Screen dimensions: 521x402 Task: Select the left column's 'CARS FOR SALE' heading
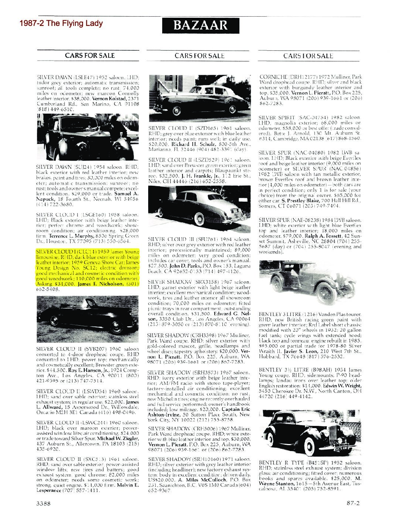[x=90, y=56]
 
